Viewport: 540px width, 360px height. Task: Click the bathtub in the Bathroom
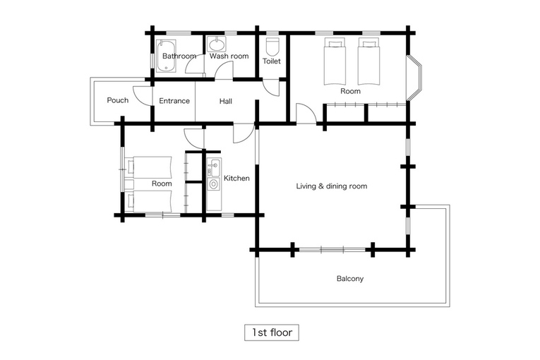tap(166, 56)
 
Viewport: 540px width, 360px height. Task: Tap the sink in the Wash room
tap(217, 44)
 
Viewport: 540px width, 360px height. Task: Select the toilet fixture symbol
tap(272, 47)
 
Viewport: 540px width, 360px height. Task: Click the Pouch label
tap(118, 100)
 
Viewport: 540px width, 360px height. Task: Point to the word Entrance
tap(174, 101)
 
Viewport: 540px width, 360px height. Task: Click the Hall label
tap(226, 101)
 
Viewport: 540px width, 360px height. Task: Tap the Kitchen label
tap(236, 178)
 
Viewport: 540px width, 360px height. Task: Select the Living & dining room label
tap(332, 186)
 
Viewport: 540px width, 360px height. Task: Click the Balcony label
tap(350, 278)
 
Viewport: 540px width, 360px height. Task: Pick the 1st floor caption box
tap(272, 332)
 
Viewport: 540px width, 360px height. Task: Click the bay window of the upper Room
tap(414, 78)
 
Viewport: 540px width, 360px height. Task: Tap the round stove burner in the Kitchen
tap(213, 184)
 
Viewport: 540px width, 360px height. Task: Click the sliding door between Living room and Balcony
tap(332, 249)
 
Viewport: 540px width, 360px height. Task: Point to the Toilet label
tap(272, 61)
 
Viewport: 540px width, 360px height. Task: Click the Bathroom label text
tap(179, 56)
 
